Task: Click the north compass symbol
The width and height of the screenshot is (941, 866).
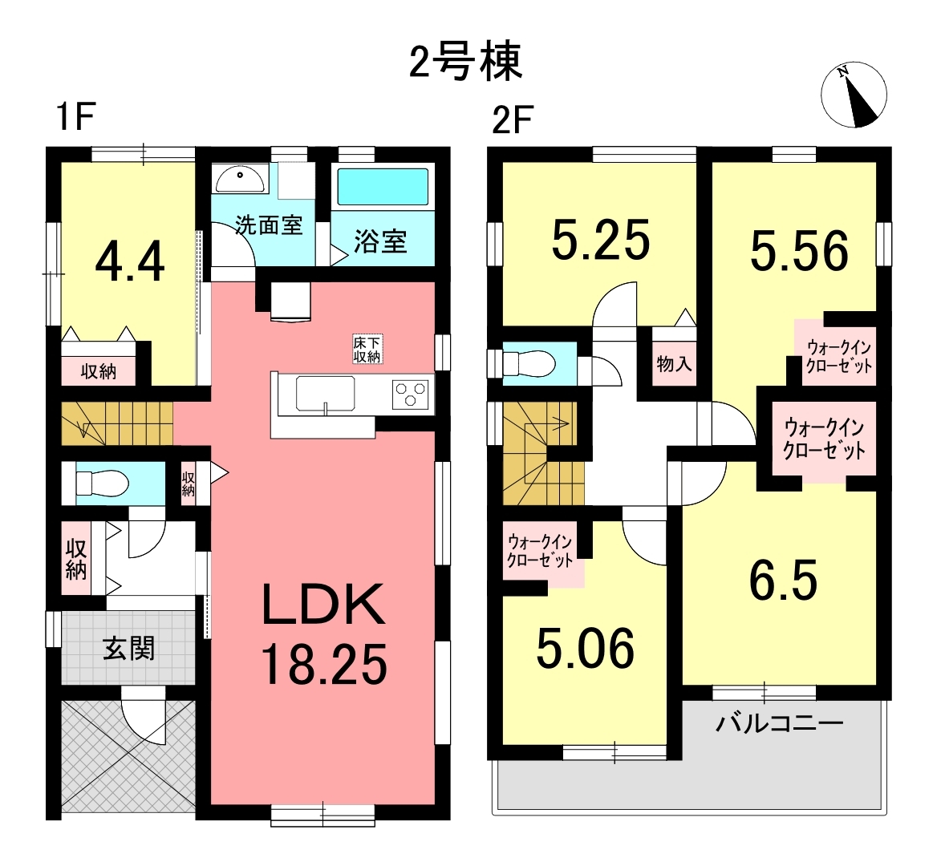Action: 854,95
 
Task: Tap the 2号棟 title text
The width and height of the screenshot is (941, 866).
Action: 466,62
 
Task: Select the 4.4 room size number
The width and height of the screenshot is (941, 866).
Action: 130,264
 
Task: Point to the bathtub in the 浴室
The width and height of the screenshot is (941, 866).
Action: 383,187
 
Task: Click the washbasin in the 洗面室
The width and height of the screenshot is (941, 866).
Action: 239,180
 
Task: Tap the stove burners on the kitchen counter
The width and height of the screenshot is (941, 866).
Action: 411,395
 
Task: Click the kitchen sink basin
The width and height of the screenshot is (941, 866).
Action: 325,394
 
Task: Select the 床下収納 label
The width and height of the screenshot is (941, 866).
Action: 367,349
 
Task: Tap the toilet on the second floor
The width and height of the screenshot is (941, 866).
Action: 528,364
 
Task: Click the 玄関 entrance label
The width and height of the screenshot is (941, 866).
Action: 128,649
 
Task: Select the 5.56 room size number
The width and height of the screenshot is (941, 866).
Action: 799,251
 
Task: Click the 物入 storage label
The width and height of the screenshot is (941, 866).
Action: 674,362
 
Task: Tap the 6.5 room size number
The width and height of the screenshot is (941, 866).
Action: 783,580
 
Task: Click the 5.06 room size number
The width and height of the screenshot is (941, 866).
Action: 585,649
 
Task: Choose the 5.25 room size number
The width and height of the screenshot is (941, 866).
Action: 600,239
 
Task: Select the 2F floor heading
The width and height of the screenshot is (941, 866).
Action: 513,120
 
